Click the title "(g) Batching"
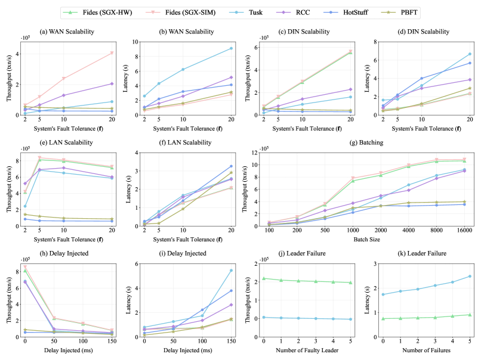(x=357, y=142)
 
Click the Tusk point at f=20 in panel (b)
(x=230, y=48)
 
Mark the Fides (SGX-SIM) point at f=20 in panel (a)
(x=112, y=53)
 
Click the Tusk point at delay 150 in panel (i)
(x=230, y=271)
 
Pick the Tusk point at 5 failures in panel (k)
(x=470, y=276)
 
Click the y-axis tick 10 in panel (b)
(x=134, y=42)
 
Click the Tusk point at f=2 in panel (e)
(x=24, y=206)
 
